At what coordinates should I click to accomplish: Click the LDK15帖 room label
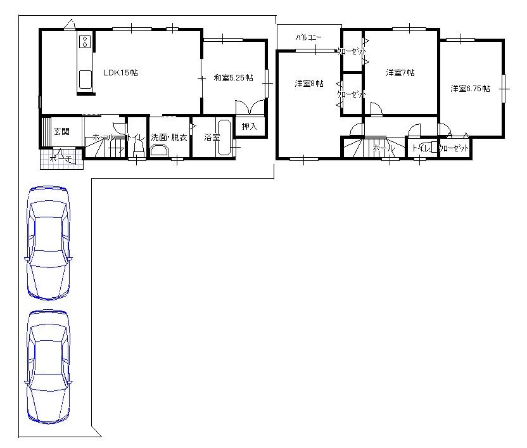pos(120,74)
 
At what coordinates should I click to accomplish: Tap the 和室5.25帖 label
pos(233,78)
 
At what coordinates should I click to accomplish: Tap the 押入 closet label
pos(250,127)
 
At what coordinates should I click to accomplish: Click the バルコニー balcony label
pos(308,38)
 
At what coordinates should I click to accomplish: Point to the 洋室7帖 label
pos(400,74)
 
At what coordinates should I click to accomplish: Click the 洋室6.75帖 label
pos(470,89)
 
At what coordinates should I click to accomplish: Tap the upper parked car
pos(48,243)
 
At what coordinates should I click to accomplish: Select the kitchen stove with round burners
pos(85,43)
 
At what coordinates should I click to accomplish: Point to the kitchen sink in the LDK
pos(85,80)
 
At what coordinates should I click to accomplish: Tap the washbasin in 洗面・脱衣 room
pos(158,150)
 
